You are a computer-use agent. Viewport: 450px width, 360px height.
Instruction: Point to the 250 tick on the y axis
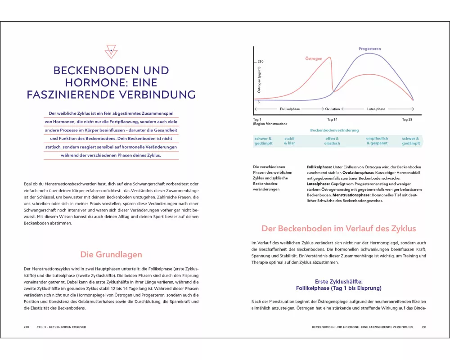[261, 61]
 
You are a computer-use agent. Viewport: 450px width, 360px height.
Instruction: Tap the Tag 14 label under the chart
[333, 120]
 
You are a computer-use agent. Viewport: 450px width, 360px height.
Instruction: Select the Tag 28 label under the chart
[407, 120]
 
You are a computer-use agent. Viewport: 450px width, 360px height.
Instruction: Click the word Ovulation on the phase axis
[333, 109]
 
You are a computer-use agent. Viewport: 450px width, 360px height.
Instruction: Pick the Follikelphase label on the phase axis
[290, 109]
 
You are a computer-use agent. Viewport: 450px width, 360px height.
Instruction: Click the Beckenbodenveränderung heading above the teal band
[334, 130]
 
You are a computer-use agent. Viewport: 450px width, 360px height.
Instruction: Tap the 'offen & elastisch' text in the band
[332, 141]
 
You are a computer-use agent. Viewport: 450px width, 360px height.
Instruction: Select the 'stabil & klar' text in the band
[289, 141]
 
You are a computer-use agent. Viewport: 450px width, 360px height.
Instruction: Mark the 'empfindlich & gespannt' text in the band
[377, 141]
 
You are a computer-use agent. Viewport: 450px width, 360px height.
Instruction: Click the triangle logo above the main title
[111, 52]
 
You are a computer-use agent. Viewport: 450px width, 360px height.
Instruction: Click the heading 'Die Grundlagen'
[111, 255]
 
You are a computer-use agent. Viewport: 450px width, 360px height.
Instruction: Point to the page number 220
[27, 327]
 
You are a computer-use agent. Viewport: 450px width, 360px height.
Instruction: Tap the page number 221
[423, 327]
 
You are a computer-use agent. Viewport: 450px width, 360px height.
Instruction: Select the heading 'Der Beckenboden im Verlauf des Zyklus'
[339, 229]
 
